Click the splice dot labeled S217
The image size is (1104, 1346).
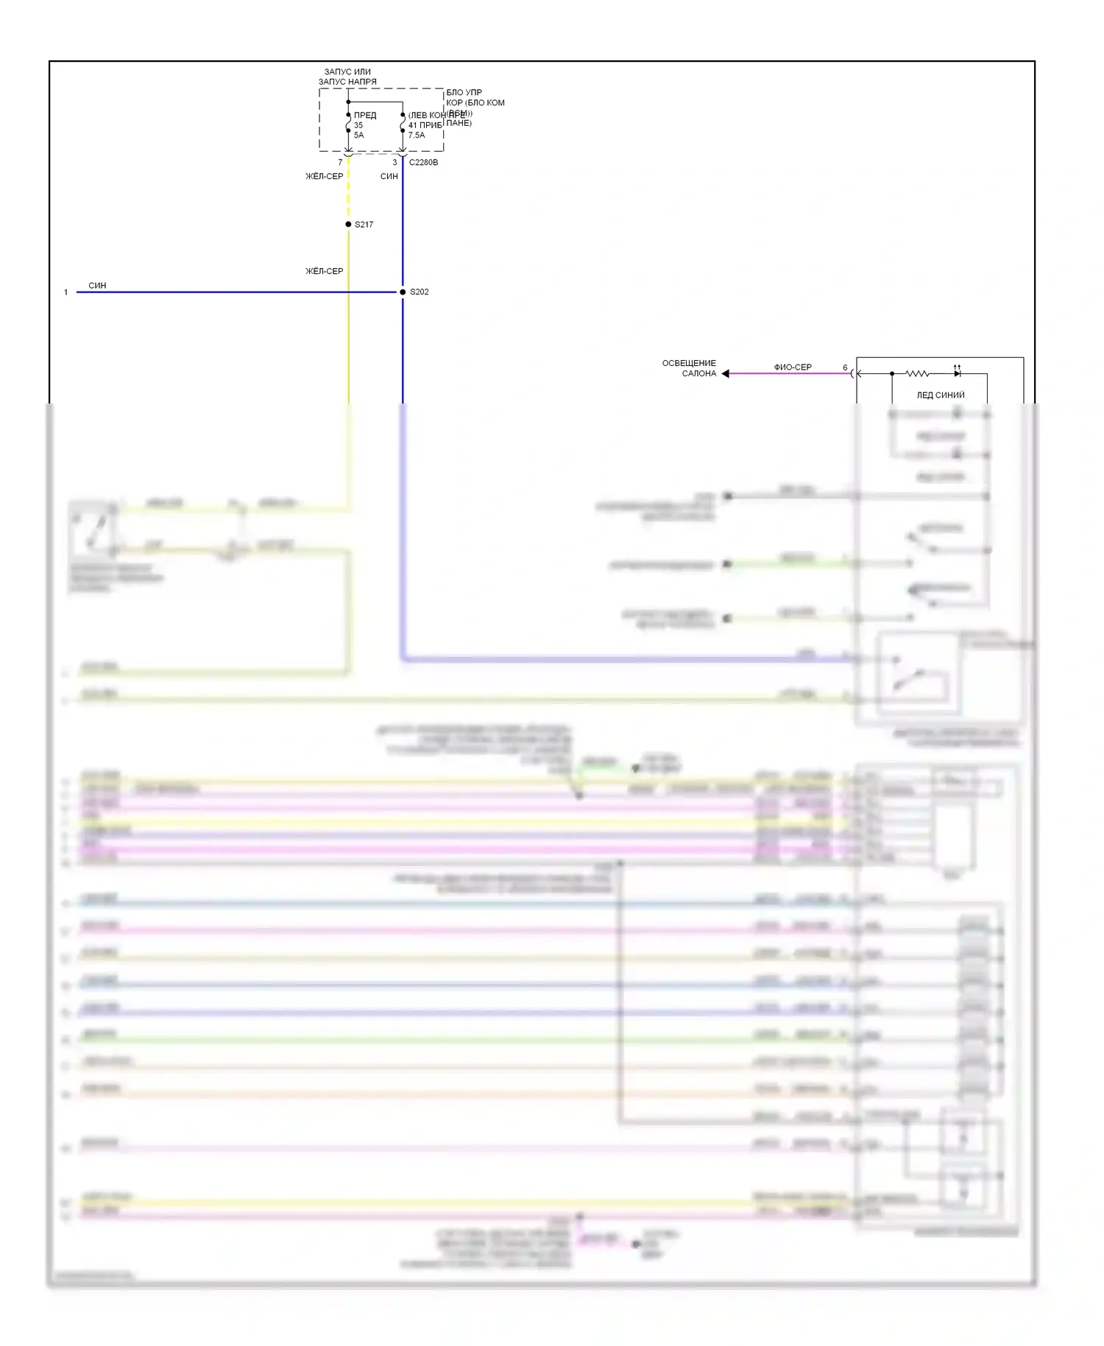348,224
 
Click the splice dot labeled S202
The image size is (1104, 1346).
403,292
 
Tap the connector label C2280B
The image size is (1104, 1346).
423,162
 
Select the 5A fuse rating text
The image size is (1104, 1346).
358,135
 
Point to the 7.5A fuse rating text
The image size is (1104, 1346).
417,135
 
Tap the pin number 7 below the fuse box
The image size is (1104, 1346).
340,162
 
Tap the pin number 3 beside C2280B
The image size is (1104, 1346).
394,162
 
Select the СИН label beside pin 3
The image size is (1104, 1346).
389,177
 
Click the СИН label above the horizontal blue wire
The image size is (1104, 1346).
97,285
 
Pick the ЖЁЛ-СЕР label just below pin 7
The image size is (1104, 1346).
325,177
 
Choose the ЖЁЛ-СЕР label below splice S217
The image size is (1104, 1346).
325,271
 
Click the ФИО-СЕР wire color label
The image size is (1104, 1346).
793,367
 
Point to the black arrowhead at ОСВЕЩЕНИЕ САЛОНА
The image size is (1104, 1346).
726,373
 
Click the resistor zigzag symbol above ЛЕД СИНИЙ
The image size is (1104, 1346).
916,373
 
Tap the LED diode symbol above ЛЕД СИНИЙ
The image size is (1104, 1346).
957,373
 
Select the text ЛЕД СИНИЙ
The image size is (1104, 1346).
940,395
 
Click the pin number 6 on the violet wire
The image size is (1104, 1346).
845,367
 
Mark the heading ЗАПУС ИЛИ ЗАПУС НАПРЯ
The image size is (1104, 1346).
347,77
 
